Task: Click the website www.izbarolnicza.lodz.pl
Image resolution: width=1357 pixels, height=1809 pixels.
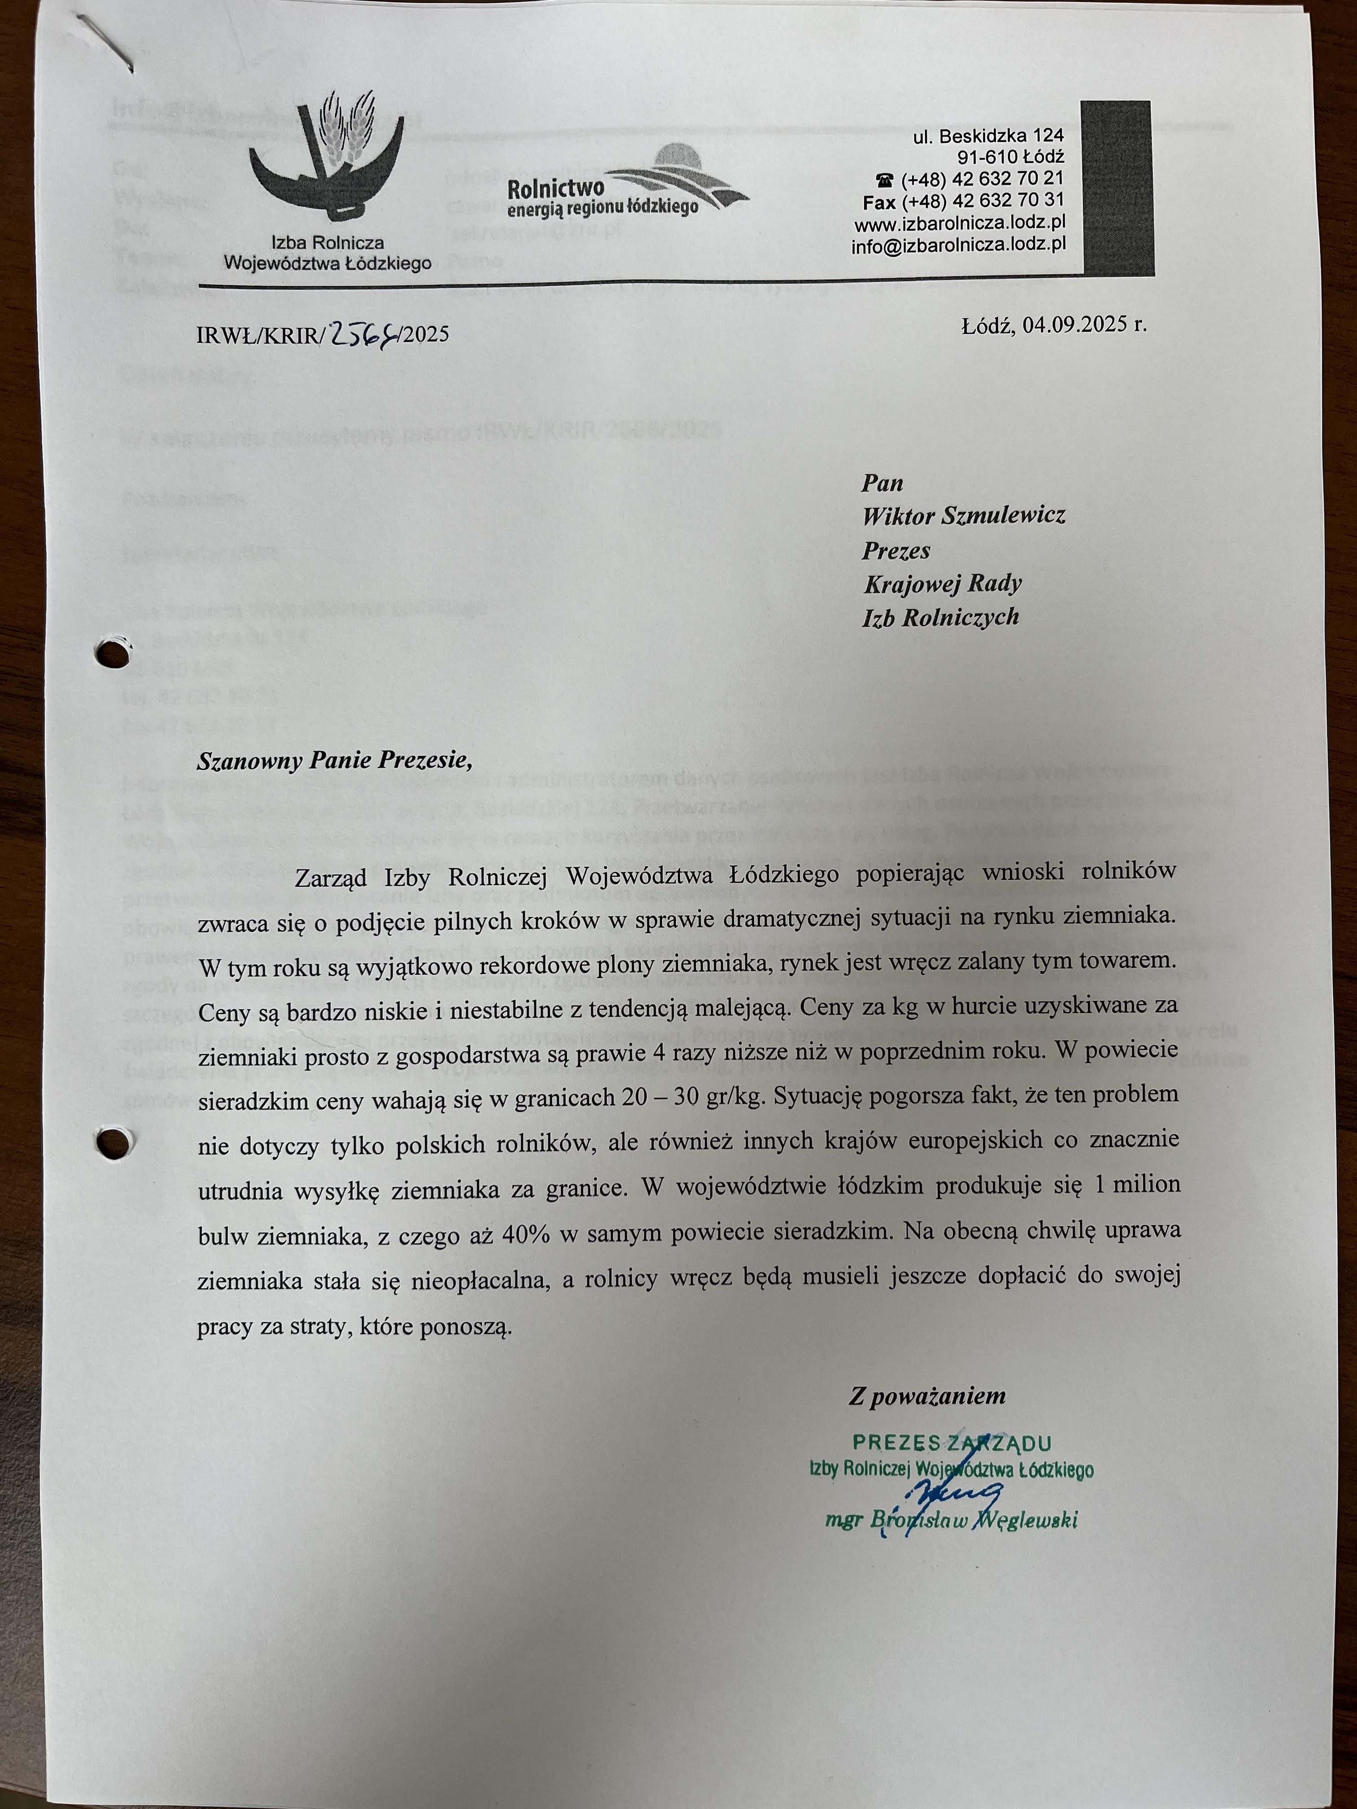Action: pos(959,223)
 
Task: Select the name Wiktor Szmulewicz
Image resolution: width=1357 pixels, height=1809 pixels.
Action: pos(963,515)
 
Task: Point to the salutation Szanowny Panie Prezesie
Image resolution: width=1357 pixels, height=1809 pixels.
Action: pos(335,760)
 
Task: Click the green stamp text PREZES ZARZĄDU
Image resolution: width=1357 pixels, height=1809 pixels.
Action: pos(951,1443)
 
